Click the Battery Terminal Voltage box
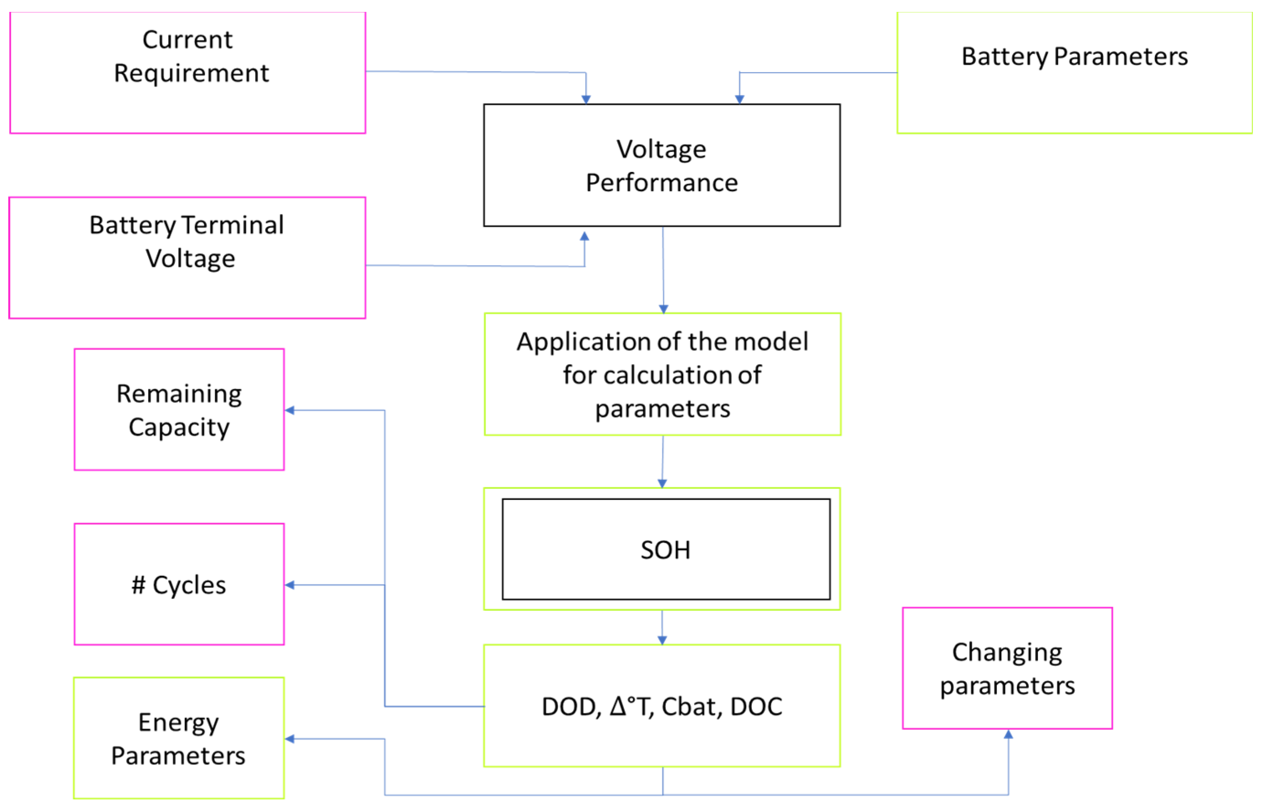click(187, 258)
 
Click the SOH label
click(665, 550)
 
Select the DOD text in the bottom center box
click(570, 707)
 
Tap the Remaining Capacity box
click(179, 410)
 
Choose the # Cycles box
click(179, 585)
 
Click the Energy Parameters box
click(179, 739)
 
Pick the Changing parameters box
click(1006, 669)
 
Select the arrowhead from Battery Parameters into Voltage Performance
click(739, 99)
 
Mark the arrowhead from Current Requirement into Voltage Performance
click(586, 99)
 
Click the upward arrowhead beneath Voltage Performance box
click(584, 236)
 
